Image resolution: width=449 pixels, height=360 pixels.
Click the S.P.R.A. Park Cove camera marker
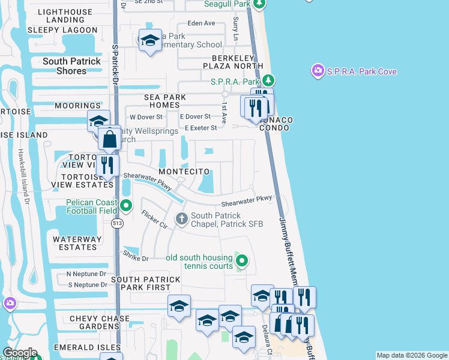pos(318,71)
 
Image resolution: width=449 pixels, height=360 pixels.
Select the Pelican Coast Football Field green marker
pos(126,206)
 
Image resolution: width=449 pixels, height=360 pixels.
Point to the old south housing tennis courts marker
pos(241,260)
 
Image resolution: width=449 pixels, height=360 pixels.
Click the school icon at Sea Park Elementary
pos(149,41)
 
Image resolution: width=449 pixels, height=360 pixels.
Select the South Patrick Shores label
pos(72,66)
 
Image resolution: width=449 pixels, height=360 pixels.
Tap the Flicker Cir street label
pos(154,219)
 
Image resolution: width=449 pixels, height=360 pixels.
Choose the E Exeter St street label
pos(200,128)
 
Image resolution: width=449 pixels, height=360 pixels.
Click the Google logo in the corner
pos(20,353)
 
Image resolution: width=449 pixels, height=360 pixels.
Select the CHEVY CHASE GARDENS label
pos(99,323)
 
